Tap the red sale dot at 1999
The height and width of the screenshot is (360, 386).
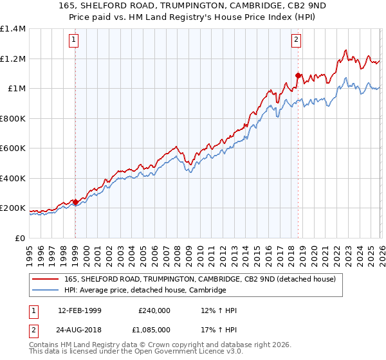click(75, 202)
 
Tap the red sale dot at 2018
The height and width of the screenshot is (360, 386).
click(298, 75)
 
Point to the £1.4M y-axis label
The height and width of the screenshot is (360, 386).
click(13, 29)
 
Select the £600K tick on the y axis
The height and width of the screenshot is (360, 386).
click(13, 148)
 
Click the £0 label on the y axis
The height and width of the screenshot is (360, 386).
click(21, 238)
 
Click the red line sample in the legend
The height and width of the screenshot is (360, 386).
click(46, 279)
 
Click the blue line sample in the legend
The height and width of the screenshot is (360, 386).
click(46, 291)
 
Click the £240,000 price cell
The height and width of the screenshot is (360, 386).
click(154, 310)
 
